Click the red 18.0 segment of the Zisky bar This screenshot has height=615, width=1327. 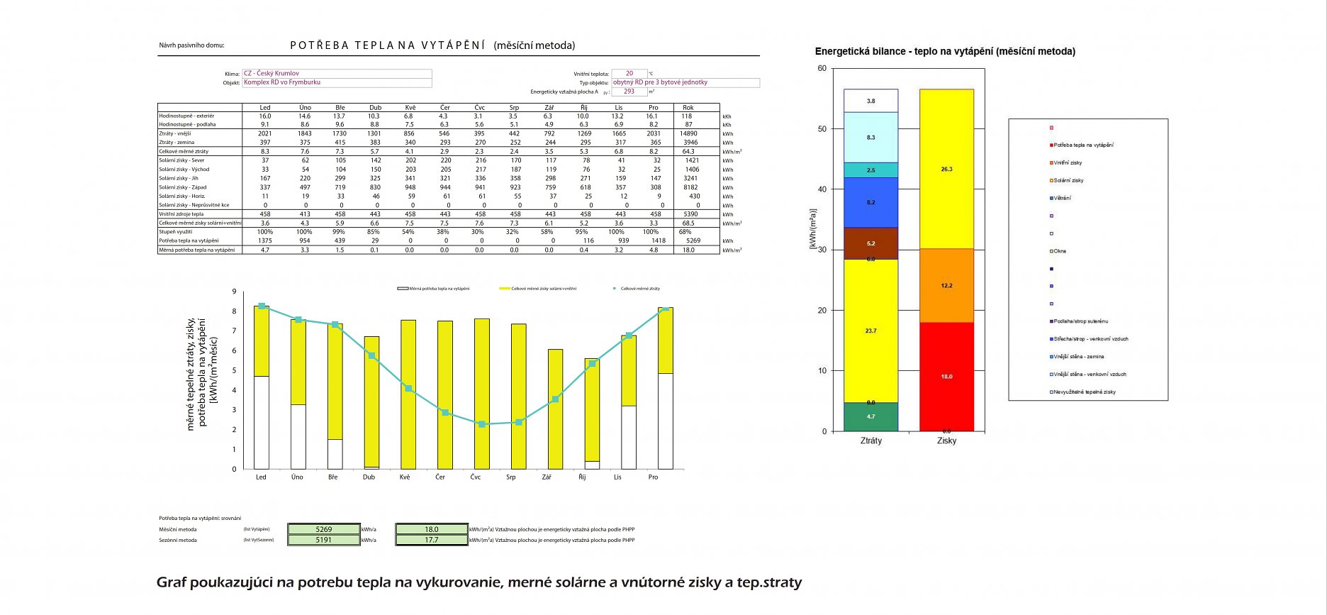click(x=946, y=377)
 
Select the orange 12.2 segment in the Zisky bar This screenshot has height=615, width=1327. click(x=946, y=285)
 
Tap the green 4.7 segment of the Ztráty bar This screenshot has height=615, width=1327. click(x=870, y=417)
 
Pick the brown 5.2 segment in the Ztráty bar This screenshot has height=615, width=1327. click(x=870, y=243)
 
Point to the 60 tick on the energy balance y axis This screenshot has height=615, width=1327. click(x=822, y=69)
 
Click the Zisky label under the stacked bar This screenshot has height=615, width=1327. click(x=946, y=441)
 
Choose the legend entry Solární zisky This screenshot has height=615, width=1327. click(x=1068, y=181)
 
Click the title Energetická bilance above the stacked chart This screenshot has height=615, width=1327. click(x=944, y=51)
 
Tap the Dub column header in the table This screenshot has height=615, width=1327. click(x=375, y=108)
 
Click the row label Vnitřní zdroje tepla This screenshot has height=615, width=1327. click(x=181, y=214)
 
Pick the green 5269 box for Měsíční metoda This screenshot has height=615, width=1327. click(x=324, y=529)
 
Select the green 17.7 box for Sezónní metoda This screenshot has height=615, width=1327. click(x=432, y=540)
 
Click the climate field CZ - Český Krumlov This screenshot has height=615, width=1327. click(x=336, y=73)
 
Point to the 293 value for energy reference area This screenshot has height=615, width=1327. click(x=629, y=92)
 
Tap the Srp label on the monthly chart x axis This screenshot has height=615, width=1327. click(x=511, y=477)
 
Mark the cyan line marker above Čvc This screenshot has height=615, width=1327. click(x=482, y=424)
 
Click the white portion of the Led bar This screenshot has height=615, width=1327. click(x=262, y=422)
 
